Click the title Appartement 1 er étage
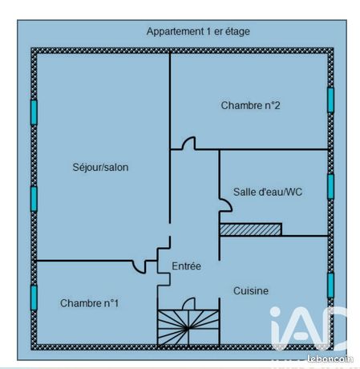(198, 31)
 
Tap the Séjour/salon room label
(100, 167)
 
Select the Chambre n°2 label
(250, 105)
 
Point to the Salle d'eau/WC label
(268, 192)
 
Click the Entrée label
(186, 266)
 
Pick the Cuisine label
(251, 290)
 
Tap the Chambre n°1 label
(89, 303)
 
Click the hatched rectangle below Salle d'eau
(250, 229)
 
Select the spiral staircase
(188, 328)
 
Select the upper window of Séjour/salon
(34, 112)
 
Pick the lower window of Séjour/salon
(34, 199)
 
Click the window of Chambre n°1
(34, 298)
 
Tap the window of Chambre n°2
(330, 100)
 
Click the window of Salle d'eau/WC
(330, 187)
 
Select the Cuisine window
(330, 286)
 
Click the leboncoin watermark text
(330, 359)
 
